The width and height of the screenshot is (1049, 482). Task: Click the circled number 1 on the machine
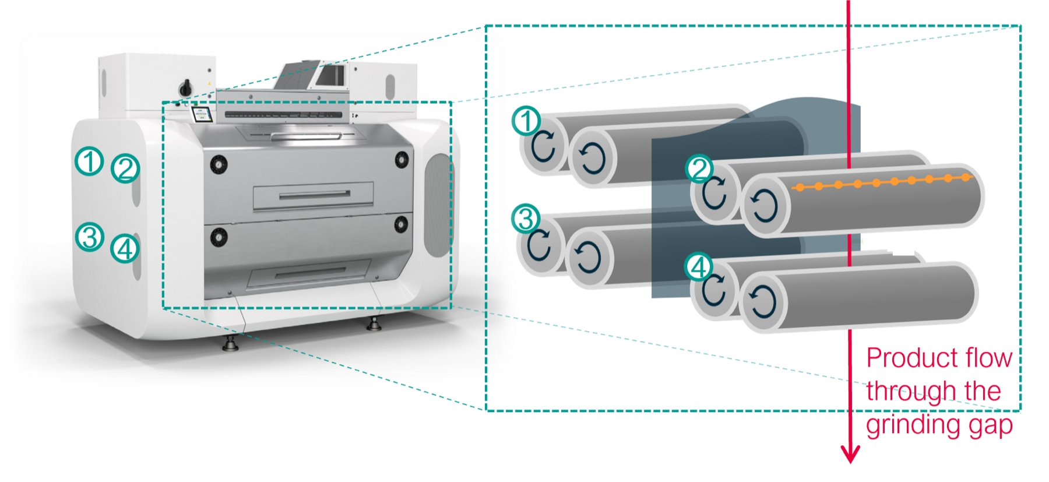[89, 161]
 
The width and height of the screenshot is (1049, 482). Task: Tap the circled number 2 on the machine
[125, 168]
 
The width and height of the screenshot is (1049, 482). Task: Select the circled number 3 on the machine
[90, 237]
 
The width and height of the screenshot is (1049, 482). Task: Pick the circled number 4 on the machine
[125, 249]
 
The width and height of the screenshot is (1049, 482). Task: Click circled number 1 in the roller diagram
[526, 121]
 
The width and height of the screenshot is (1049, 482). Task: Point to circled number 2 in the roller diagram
[699, 169]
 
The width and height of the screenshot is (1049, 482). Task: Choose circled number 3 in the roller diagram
[526, 219]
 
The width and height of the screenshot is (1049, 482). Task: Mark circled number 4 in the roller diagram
[699, 267]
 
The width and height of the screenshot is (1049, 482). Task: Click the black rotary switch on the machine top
[186, 87]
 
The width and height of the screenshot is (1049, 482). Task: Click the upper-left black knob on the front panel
[219, 164]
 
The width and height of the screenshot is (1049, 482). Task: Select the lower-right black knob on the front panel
[401, 224]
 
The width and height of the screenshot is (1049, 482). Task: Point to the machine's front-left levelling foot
[230, 343]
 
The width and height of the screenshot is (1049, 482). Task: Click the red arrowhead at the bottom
[850, 453]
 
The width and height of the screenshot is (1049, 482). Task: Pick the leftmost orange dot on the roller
[800, 187]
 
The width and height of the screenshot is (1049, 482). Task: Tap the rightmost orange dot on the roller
[966, 177]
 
